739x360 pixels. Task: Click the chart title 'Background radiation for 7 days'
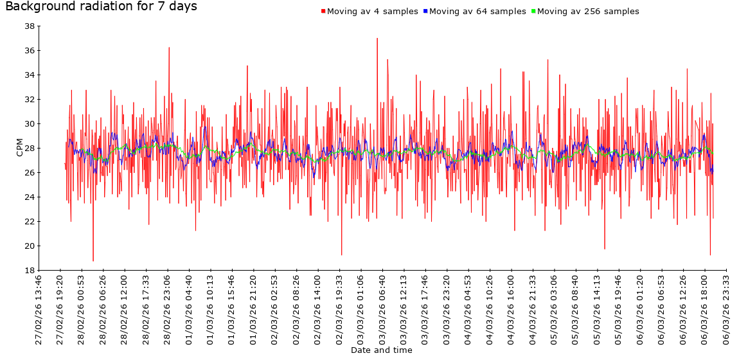(101, 7)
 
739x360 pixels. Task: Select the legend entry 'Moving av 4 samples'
(373, 12)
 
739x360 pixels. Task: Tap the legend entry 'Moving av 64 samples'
(477, 12)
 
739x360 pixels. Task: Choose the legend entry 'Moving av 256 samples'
(588, 12)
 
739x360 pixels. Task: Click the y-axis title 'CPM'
(19, 147)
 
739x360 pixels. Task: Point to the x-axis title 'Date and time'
(382, 350)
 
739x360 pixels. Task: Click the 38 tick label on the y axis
(30, 26)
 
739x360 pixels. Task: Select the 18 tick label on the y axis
(30, 271)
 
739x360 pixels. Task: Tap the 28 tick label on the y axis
(30, 148)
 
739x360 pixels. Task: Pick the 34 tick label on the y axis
(30, 75)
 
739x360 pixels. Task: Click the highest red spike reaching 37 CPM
(377, 39)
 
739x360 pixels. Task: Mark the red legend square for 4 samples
(323, 12)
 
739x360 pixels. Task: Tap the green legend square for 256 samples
(533, 12)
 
